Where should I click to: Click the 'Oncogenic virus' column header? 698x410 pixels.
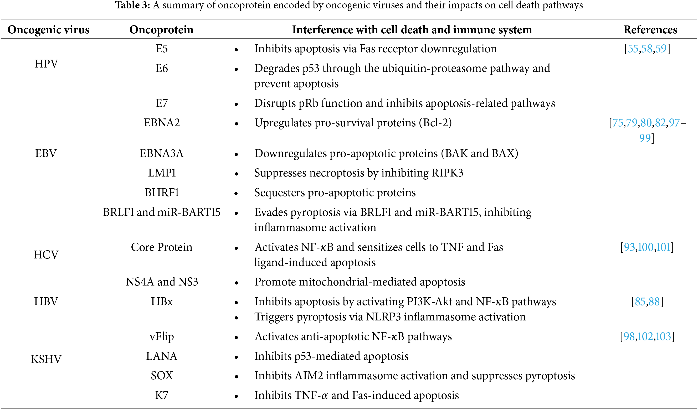48,30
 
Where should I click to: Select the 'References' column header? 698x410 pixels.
650,30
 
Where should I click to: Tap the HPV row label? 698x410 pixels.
46,64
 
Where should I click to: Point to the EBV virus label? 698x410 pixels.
46,153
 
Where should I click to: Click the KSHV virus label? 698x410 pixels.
46,359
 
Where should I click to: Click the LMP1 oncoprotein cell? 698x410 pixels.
162,173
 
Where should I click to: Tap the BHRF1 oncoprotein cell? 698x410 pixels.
162,193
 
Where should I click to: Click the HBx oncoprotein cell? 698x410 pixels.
162,301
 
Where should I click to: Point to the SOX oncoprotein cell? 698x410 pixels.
162,375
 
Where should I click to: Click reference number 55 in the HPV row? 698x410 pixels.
633,49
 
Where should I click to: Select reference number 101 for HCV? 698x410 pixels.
663,247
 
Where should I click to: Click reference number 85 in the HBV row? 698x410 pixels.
640,302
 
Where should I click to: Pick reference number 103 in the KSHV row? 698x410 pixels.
663,336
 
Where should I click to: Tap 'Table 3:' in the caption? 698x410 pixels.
132,5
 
